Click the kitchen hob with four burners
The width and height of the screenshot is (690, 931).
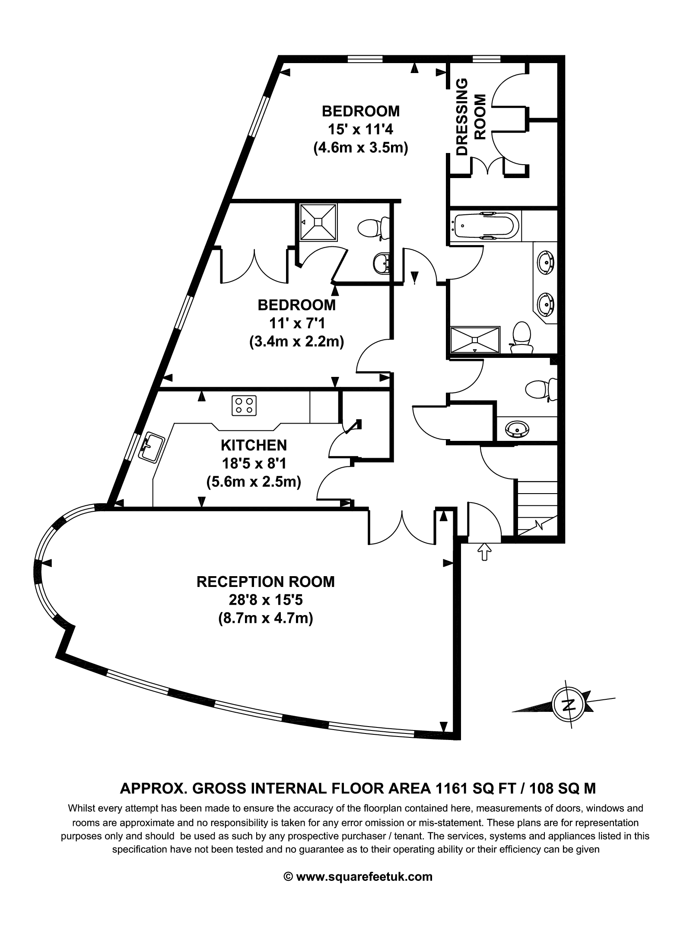pyautogui.click(x=245, y=405)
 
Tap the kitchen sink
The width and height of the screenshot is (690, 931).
pyautogui.click(x=151, y=447)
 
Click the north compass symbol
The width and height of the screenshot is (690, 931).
pyautogui.click(x=569, y=705)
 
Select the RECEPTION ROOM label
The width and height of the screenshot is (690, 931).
pyautogui.click(x=265, y=581)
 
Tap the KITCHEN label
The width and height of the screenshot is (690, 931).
pyautogui.click(x=254, y=445)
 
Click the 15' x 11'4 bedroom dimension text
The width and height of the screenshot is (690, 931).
pyautogui.click(x=360, y=130)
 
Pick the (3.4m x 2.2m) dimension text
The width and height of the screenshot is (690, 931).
pyautogui.click(x=296, y=342)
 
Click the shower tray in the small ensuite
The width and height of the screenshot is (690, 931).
pyautogui.click(x=319, y=221)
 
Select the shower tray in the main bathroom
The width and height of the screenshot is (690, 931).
pyautogui.click(x=475, y=340)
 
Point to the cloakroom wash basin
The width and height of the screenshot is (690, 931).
pyautogui.click(x=517, y=429)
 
